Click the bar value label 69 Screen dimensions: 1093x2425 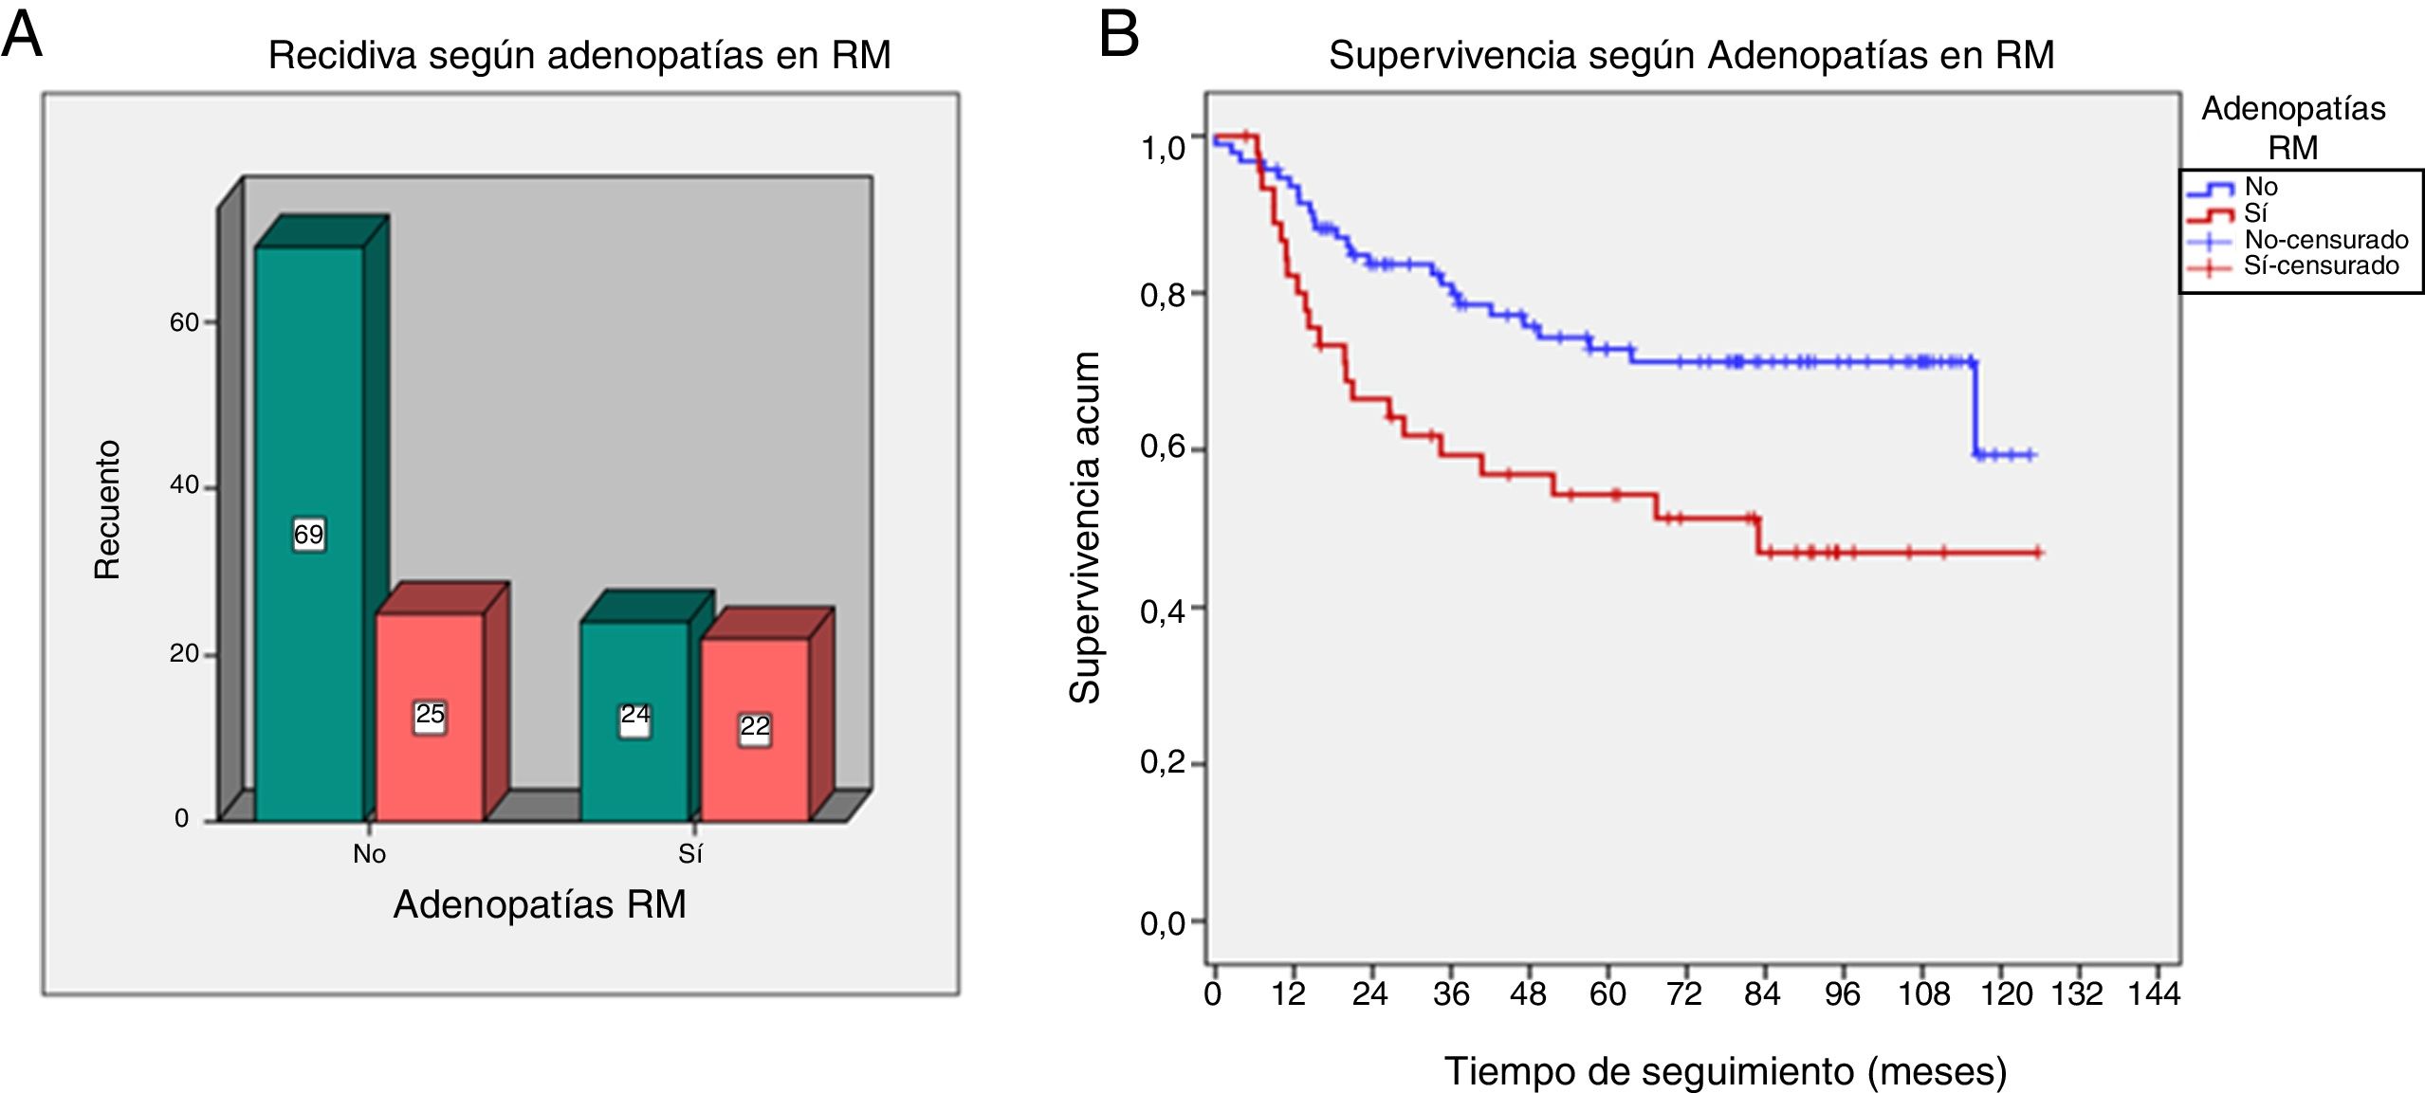pyautogui.click(x=308, y=535)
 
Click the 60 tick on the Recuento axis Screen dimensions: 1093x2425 pyautogui.click(x=184, y=322)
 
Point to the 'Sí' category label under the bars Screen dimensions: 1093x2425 pyautogui.click(x=689, y=854)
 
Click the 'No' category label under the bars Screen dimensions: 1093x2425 pyautogui.click(x=369, y=854)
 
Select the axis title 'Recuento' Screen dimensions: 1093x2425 pyautogui.click(x=107, y=510)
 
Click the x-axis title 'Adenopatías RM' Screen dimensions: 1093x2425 pyautogui.click(x=540, y=904)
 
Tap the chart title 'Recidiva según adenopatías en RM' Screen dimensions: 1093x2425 pyautogui.click(x=579, y=55)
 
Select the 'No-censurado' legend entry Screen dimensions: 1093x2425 pyautogui.click(x=2325, y=240)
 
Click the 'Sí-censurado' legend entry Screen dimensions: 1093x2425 pyautogui.click(x=2321, y=266)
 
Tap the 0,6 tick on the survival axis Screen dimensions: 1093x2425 pyautogui.click(x=1163, y=447)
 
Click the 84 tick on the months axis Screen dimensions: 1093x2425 pyautogui.click(x=1762, y=993)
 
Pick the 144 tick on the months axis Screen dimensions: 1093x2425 pyautogui.click(x=2154, y=993)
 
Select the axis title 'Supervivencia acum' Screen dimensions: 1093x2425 pyautogui.click(x=1085, y=527)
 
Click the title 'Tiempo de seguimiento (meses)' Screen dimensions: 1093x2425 pyautogui.click(x=1725, y=1071)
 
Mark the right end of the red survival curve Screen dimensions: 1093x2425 pyautogui.click(x=2038, y=553)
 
